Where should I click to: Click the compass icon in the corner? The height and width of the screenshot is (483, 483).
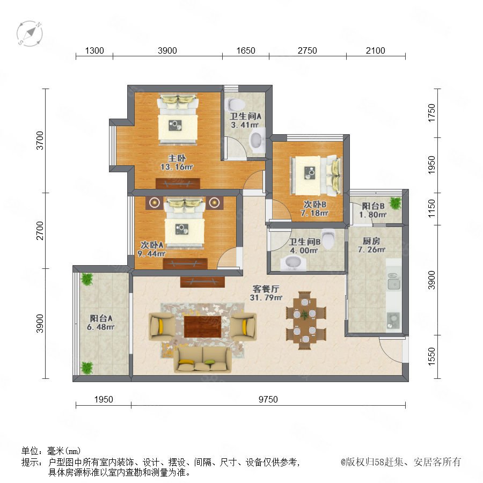[30, 34]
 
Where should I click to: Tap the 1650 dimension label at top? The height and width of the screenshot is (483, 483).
[245, 50]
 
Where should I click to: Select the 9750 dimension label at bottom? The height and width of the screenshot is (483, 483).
[268, 399]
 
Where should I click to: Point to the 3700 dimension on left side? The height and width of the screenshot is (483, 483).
[40, 141]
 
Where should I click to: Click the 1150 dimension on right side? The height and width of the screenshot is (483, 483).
[431, 209]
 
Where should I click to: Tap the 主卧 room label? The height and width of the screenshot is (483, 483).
[177, 158]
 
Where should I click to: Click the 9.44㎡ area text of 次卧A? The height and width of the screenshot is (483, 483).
[151, 254]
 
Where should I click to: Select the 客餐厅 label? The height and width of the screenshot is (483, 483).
[266, 289]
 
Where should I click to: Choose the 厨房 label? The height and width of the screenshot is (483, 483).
[371, 241]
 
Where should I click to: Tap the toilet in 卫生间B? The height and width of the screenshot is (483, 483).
[328, 238]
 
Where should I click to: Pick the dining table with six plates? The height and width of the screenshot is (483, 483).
[305, 320]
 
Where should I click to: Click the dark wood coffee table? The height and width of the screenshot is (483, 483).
[202, 326]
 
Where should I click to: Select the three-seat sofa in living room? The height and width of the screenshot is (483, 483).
[202, 359]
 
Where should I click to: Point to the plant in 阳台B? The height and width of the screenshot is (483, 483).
[395, 203]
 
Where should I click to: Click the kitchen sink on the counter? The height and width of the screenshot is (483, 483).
[394, 281]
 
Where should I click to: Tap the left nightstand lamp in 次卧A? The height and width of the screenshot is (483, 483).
[155, 203]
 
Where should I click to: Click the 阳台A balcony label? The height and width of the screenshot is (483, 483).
[101, 318]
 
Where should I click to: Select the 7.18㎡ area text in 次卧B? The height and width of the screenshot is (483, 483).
[314, 213]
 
